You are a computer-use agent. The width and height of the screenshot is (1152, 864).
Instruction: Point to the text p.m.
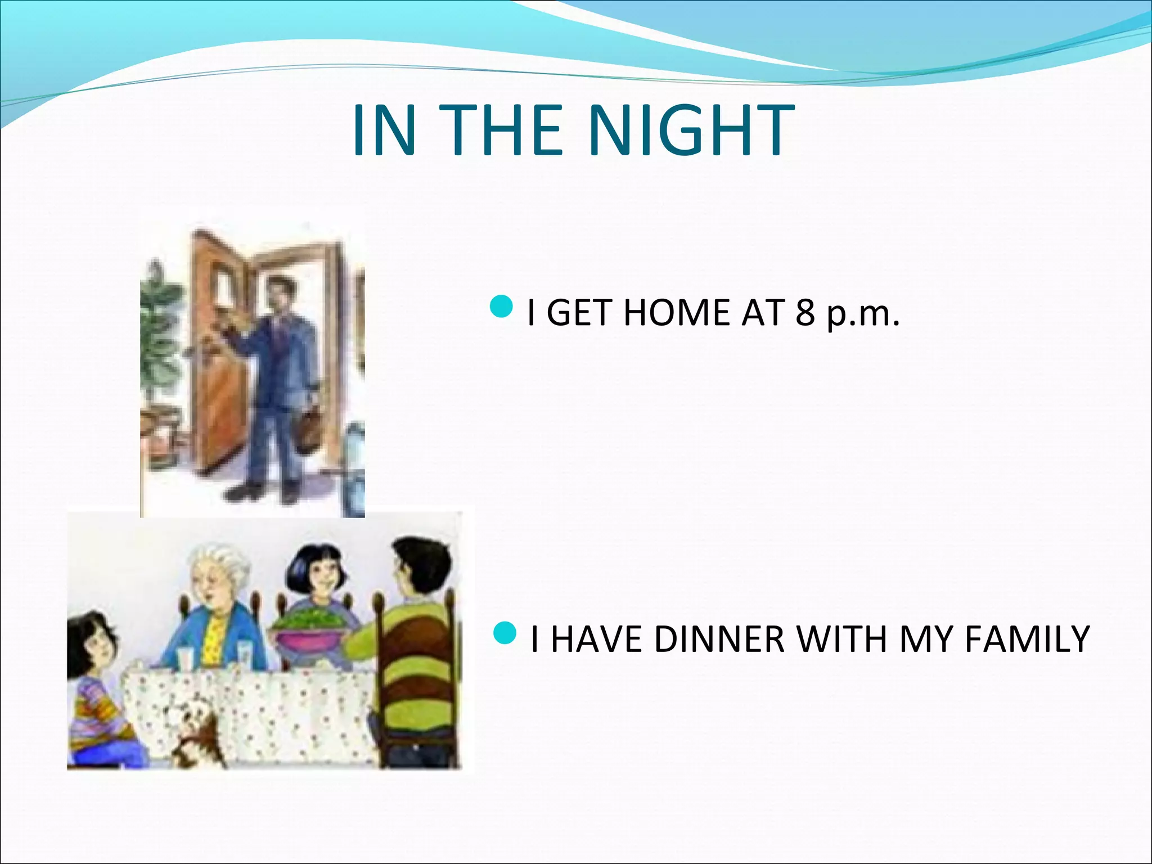tap(863, 314)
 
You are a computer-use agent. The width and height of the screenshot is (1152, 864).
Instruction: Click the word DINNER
tap(719, 639)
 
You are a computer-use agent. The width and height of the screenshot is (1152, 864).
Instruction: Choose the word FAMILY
tap(1027, 639)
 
